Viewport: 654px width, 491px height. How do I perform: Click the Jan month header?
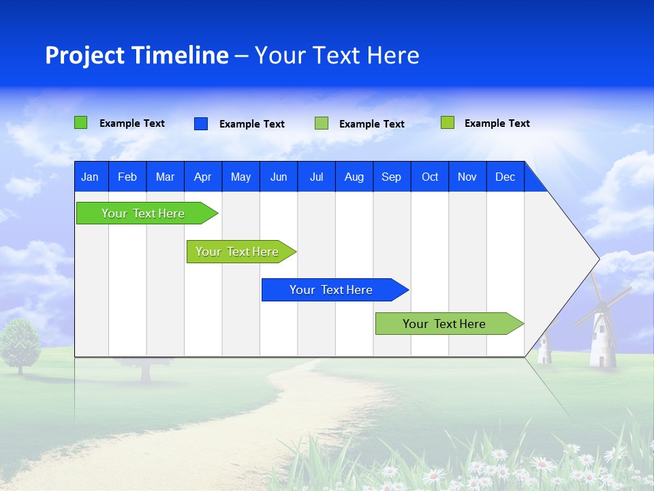point(90,177)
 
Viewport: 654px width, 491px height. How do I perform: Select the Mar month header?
point(165,177)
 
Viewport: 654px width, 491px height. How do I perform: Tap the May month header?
point(240,177)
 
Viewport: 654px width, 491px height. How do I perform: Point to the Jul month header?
point(316,177)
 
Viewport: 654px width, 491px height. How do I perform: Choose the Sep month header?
point(392,177)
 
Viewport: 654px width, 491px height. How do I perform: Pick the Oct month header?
point(430,177)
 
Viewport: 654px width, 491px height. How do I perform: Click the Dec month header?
point(505,177)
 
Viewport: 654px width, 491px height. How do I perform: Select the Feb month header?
point(127,177)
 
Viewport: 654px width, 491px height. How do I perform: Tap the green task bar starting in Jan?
point(143,213)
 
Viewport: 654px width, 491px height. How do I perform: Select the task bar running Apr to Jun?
point(238,252)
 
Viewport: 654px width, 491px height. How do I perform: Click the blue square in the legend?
point(201,123)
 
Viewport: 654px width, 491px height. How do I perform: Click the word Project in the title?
point(84,55)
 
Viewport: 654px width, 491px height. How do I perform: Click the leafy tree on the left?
point(20,341)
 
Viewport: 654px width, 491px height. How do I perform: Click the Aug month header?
point(354,177)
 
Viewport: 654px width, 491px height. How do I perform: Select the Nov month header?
point(467,177)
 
